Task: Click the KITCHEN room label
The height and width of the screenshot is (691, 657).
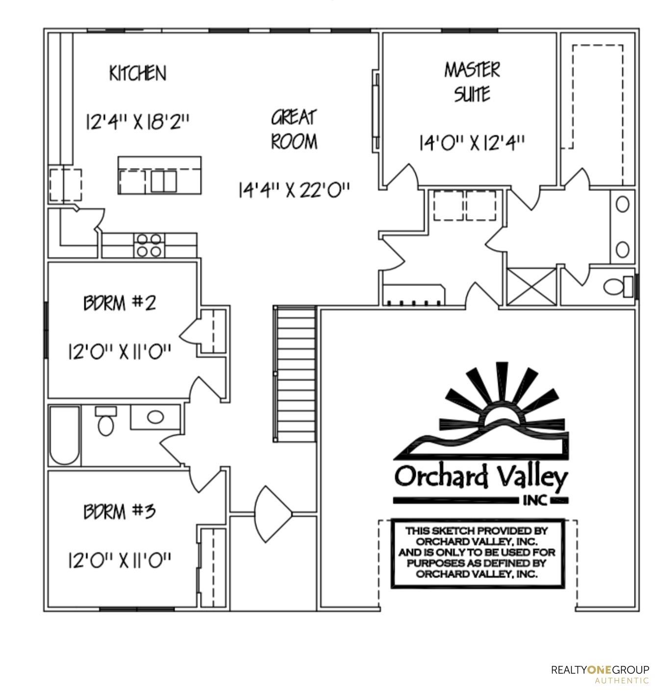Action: click(x=137, y=73)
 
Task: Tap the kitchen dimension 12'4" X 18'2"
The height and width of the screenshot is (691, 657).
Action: click(x=137, y=123)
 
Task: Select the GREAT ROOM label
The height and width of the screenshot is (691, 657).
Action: click(x=294, y=130)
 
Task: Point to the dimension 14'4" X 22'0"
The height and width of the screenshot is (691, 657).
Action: click(x=294, y=190)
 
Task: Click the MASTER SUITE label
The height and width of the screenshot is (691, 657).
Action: click(x=472, y=82)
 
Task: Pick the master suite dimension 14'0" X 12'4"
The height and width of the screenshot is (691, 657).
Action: click(x=472, y=143)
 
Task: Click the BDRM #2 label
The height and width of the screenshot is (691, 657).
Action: click(x=119, y=303)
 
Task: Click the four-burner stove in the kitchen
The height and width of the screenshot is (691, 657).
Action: click(x=149, y=245)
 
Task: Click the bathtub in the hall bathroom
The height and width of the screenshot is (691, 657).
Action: click(x=64, y=436)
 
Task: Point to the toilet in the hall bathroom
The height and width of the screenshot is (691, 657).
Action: click(x=105, y=420)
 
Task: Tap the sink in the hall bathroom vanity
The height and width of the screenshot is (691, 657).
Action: click(x=155, y=417)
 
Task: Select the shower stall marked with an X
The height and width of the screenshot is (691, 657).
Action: click(x=531, y=286)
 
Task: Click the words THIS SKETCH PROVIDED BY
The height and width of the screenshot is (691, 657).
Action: click(x=477, y=530)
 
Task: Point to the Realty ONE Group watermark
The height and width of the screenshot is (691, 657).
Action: click(x=600, y=674)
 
